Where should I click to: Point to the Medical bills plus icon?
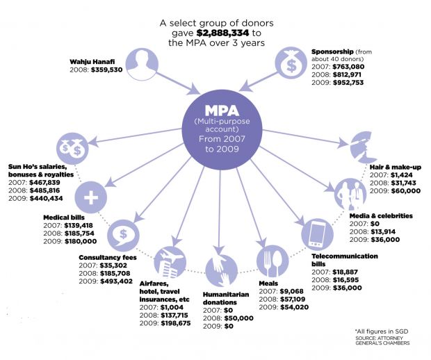[x=90, y=197]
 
